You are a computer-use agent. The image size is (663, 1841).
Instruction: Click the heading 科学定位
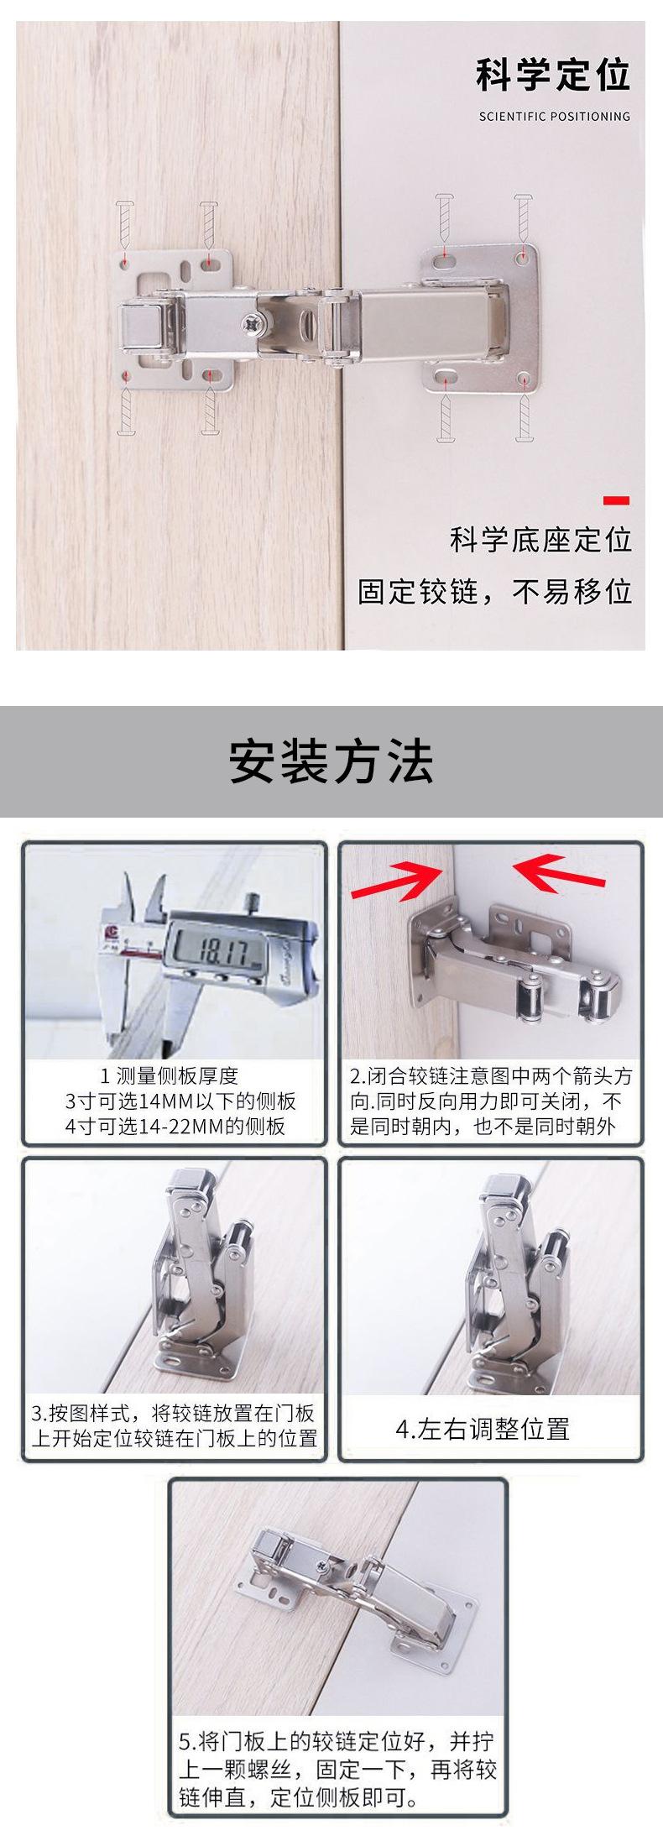552,76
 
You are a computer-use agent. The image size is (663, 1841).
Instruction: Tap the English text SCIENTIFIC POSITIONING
554,117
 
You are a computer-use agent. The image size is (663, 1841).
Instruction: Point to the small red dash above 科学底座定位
616,501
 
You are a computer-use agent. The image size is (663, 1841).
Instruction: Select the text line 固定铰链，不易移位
494,592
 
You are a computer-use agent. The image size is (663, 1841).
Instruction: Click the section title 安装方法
331,762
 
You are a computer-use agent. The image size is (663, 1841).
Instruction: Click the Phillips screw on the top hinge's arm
251,321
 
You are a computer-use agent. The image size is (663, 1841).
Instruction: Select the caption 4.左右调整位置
483,1428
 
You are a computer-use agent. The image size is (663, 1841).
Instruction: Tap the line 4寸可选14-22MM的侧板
175,1126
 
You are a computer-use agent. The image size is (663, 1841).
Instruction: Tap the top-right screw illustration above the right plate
523,217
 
